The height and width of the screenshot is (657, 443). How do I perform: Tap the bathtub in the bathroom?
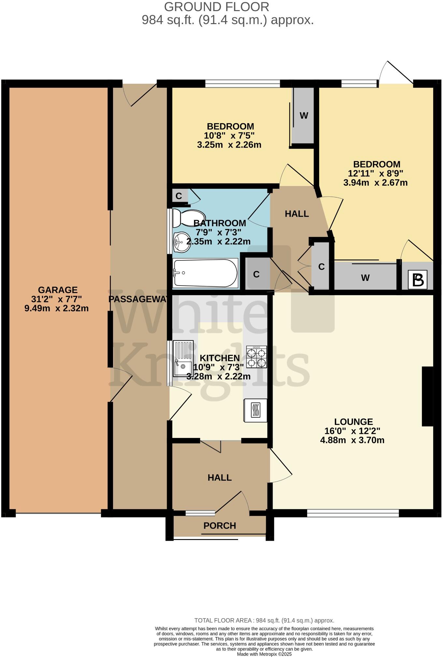(205, 273)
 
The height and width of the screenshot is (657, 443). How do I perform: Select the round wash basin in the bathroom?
(182, 242)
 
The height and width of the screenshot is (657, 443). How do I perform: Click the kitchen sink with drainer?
(183, 358)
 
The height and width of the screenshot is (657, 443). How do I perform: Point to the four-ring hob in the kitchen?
(256, 357)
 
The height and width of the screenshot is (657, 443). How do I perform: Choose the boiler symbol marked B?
(418, 280)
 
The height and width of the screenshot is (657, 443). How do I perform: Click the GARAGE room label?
(58, 290)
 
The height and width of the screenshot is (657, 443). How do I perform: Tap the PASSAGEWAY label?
(138, 299)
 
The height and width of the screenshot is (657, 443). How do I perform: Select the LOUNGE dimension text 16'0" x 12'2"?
(352, 431)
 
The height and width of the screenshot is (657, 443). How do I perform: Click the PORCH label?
(220, 525)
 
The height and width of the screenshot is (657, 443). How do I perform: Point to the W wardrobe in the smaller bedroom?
(304, 116)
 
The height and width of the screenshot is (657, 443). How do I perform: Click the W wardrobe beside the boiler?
(365, 278)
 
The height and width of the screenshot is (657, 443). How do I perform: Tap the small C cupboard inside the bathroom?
(179, 196)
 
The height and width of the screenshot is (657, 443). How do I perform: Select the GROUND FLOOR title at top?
(217, 7)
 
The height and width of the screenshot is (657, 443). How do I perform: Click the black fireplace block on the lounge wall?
(427, 396)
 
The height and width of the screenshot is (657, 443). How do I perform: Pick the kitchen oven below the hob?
(255, 410)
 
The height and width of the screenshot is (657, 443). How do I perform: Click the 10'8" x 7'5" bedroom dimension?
(229, 135)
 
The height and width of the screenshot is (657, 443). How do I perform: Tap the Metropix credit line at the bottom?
(264, 654)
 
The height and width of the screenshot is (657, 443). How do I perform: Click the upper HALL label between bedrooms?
(297, 214)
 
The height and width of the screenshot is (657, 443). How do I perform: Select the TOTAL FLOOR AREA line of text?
(264, 620)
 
